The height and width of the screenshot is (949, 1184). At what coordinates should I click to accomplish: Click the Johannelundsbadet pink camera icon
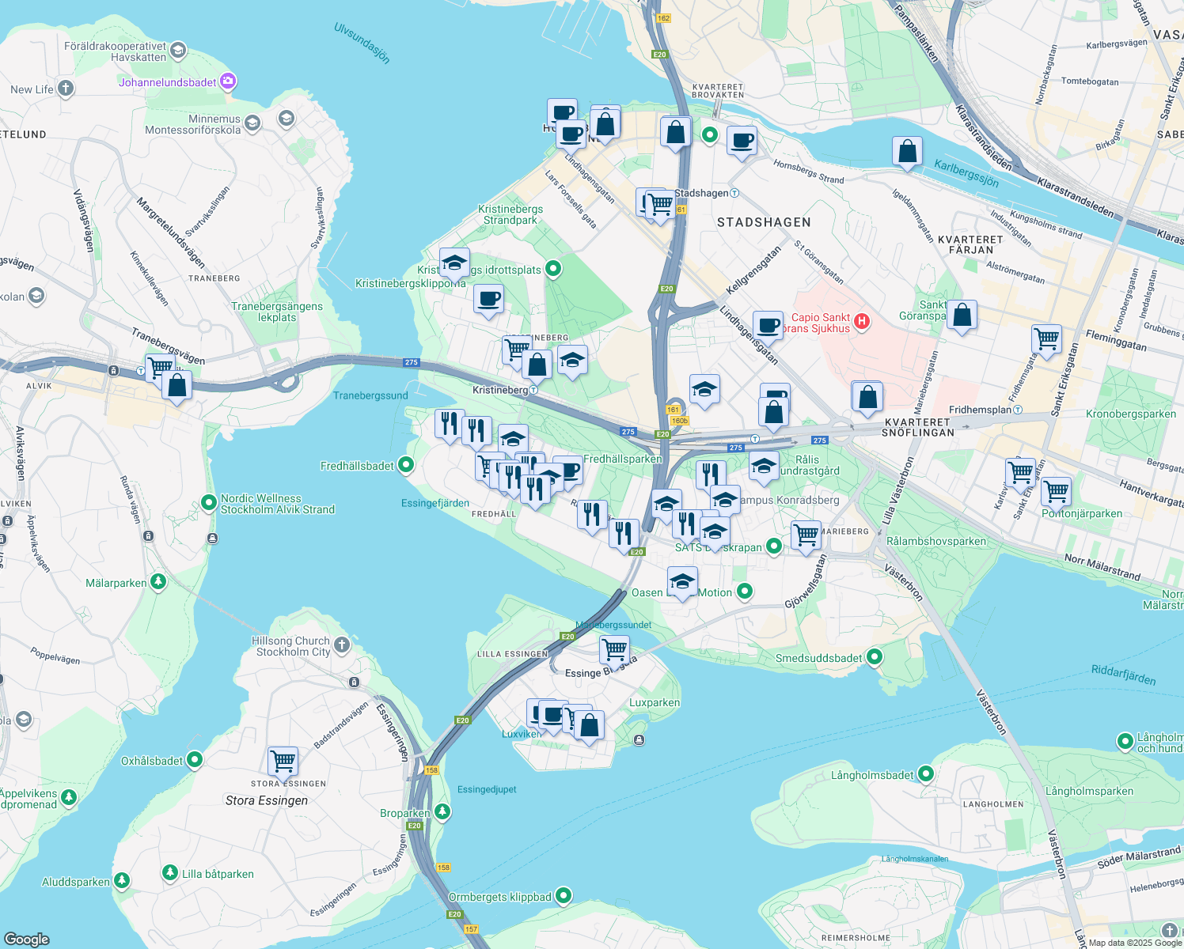point(229,81)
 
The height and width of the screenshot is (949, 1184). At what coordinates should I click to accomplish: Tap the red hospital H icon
point(862,322)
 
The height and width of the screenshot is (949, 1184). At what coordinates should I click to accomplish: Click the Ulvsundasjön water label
point(362,43)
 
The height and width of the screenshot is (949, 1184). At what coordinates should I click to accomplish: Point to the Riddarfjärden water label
point(1123,675)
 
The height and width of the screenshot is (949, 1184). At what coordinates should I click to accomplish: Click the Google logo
point(27,939)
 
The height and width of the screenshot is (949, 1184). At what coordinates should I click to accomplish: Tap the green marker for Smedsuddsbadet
point(875,656)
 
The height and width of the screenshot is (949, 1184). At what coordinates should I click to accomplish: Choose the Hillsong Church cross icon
point(342,645)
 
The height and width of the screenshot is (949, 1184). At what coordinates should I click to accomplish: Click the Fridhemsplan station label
point(980,410)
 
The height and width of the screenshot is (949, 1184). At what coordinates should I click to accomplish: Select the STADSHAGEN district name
point(764,222)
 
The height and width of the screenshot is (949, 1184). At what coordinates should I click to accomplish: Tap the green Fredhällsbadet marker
point(406,465)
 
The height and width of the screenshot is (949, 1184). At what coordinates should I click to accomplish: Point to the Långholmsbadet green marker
point(926,774)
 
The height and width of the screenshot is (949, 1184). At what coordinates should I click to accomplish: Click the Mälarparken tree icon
point(158,582)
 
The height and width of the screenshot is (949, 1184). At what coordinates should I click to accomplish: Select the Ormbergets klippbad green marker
point(564,896)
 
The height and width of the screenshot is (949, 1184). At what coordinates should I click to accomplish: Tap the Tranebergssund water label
point(370,395)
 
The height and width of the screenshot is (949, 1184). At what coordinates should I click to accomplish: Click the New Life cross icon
point(66,89)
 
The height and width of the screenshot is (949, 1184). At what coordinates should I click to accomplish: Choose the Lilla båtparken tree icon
point(170,873)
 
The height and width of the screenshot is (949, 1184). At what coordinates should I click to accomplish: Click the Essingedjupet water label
point(487,789)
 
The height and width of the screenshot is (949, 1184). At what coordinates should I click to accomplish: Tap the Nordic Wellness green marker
point(209,503)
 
